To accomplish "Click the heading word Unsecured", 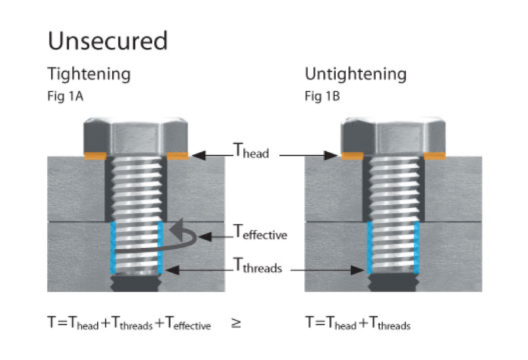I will coord(108,41).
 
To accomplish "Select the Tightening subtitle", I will coord(89,73).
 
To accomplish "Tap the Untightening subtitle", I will coord(355,73).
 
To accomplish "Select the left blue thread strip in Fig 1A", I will coord(113,247).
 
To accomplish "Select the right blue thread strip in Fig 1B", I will coord(416,247).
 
